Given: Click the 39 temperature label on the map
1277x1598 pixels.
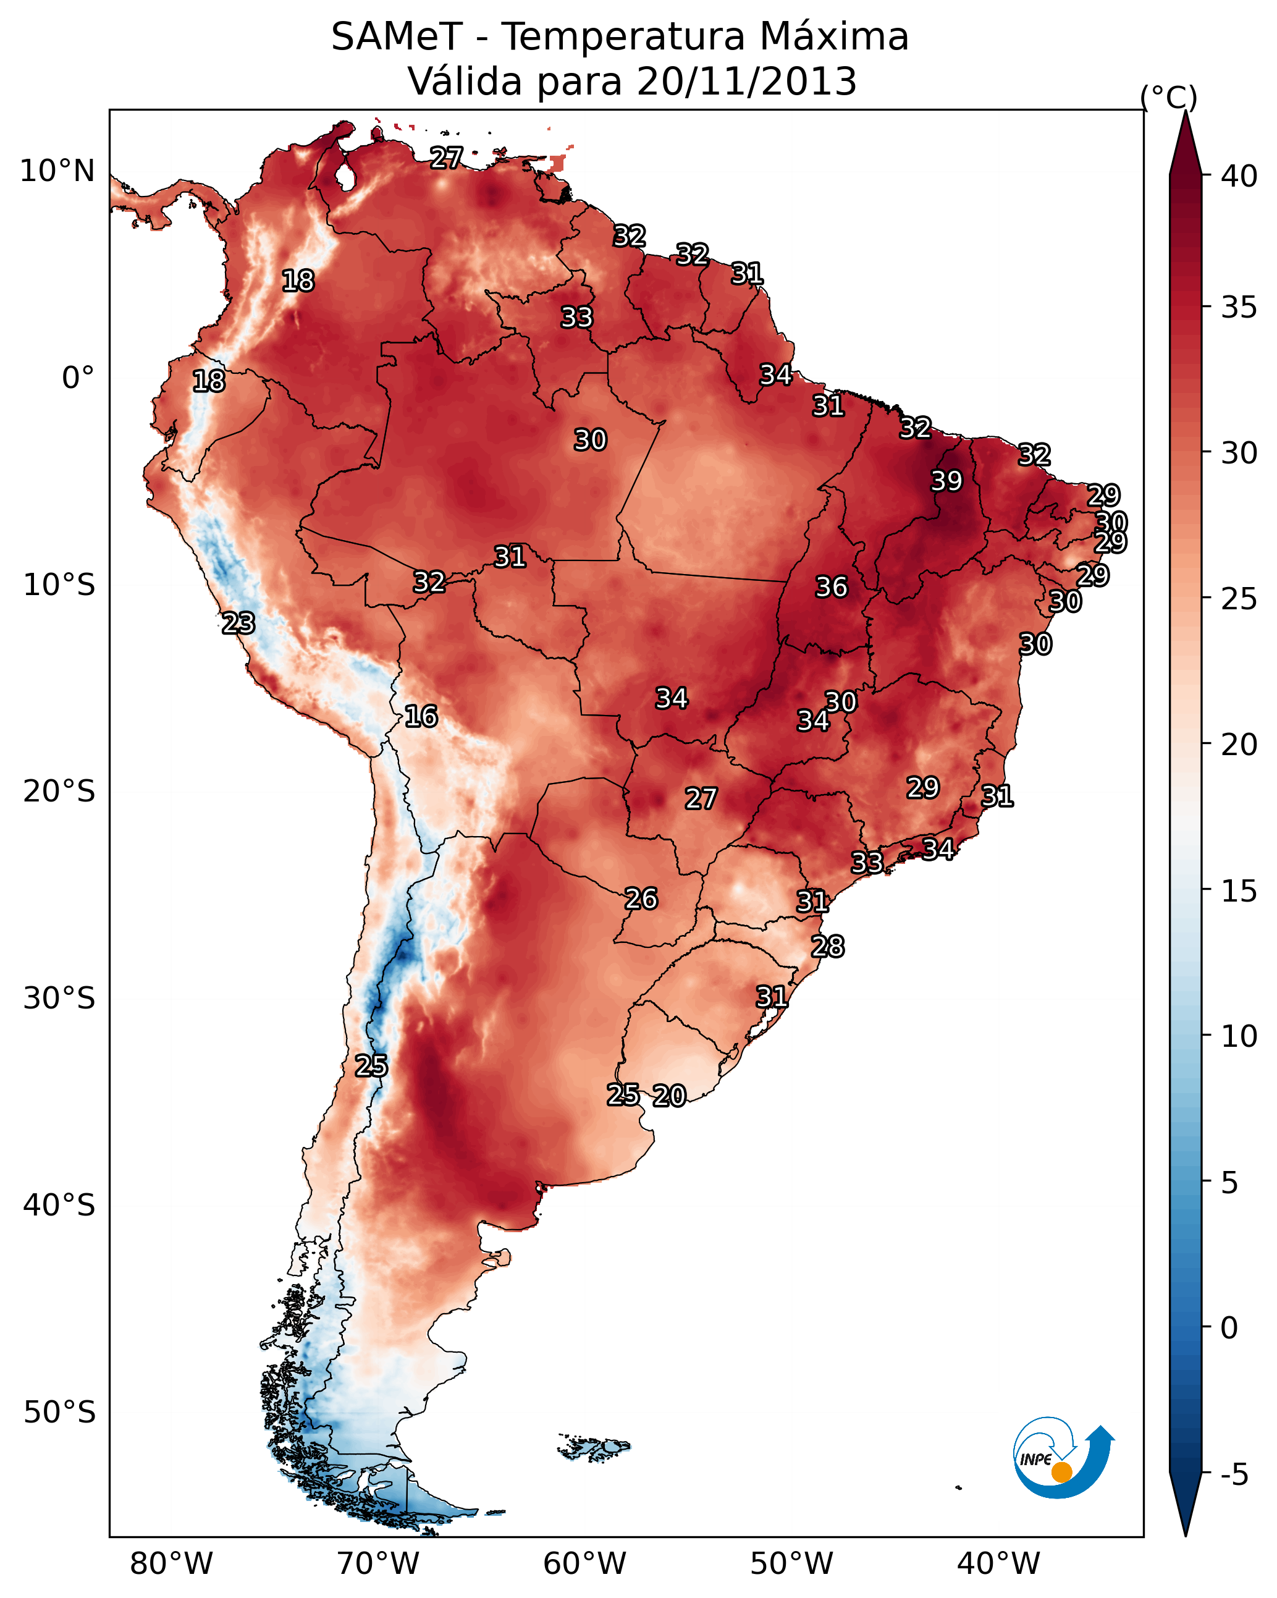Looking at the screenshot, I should pos(946,481).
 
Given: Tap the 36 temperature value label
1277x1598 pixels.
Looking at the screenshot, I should pos(831,587).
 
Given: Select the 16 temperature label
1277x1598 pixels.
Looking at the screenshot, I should pos(421,716).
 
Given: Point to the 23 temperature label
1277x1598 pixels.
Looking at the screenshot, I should pos(238,624).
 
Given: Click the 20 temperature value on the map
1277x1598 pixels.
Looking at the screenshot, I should pos(669,1096).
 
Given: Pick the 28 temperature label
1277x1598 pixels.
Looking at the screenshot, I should pos(827,947).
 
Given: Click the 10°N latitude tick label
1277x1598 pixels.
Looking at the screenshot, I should pos(57,171).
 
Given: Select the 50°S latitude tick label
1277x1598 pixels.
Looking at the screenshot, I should pos(59,1413).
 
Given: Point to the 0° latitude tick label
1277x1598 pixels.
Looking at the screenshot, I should pos(78,378).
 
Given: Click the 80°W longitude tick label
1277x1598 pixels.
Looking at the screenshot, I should pos(171,1563).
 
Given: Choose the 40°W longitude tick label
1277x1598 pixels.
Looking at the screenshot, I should pos(998,1563).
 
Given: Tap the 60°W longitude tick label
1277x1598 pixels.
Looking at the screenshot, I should pos(585,1563).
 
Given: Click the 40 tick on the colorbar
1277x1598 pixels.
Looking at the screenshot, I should pos(1239,176).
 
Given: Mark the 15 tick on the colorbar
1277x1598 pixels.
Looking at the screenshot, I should pos(1239,891).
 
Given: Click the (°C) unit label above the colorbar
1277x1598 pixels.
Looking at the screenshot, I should pos(1169,97).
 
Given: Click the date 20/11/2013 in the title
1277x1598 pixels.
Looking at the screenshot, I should pos(746,82).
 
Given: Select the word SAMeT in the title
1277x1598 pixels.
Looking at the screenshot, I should pos(397,37).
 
